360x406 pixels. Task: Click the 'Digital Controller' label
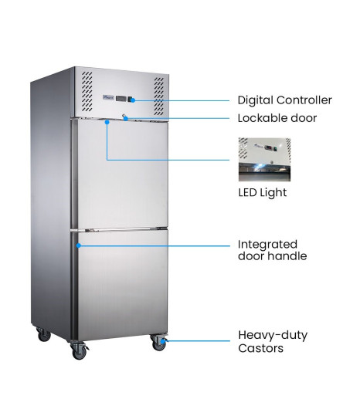284,100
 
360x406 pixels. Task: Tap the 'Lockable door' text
277,118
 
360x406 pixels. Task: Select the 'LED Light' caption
263,193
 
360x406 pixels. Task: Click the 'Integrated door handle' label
272,250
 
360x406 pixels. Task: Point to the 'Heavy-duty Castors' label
273,341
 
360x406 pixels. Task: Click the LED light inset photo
264,160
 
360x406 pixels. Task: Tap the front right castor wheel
158,343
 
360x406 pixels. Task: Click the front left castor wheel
80,350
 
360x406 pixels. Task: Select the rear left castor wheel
43,334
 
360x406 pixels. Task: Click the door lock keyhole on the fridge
124,116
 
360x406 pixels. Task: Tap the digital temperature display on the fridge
121,99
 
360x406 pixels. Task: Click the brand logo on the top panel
108,97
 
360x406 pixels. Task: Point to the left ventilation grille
87,92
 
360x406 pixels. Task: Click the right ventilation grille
159,96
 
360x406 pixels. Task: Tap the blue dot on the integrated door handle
79,245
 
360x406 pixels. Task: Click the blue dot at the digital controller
133,100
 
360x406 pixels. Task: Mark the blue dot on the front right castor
163,341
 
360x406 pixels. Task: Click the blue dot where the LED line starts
107,122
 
